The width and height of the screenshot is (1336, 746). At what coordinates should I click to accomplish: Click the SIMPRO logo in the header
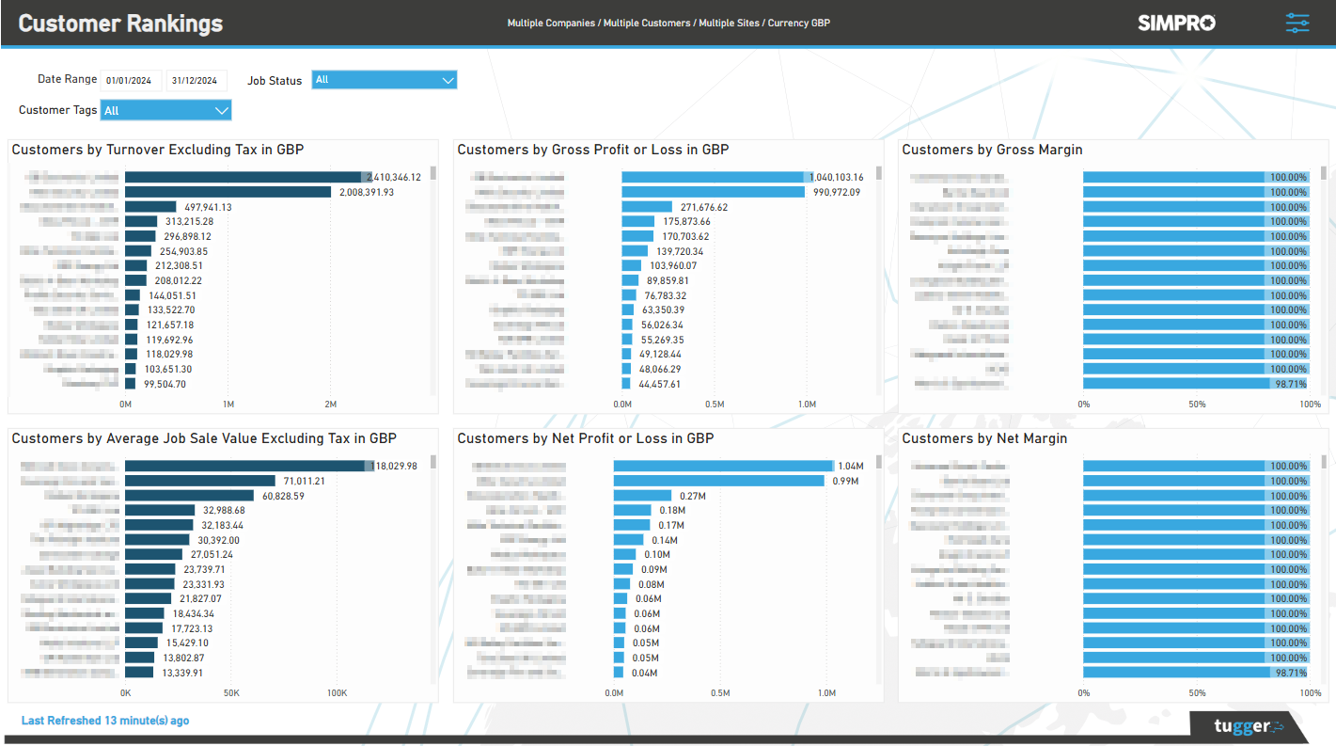tap(1175, 23)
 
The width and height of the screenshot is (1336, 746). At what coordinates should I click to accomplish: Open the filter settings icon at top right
tap(1297, 23)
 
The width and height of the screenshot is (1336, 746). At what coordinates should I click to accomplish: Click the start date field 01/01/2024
tap(130, 81)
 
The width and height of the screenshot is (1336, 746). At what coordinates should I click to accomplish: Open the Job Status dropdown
tap(384, 80)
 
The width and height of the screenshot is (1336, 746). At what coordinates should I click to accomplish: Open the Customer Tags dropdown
tap(165, 111)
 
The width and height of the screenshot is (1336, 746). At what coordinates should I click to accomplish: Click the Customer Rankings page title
tap(120, 24)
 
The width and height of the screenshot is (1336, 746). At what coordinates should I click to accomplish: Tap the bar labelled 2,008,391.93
tap(228, 192)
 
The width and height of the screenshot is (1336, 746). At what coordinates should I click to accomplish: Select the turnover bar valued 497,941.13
tap(150, 207)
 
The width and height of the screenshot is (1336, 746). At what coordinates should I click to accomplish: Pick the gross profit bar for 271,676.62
tap(646, 207)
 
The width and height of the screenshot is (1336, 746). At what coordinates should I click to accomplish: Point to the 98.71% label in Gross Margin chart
tap(1288, 384)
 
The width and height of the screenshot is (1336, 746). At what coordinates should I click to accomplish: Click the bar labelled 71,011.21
tap(199, 481)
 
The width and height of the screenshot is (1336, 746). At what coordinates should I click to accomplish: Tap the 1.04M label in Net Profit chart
tap(850, 466)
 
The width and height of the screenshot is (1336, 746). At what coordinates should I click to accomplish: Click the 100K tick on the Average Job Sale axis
tap(337, 692)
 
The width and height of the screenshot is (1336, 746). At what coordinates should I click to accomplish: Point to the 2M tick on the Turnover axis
tap(330, 404)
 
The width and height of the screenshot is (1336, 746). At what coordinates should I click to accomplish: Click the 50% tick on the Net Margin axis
tap(1197, 692)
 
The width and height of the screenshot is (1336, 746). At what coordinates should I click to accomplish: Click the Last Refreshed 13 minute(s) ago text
tap(105, 721)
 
